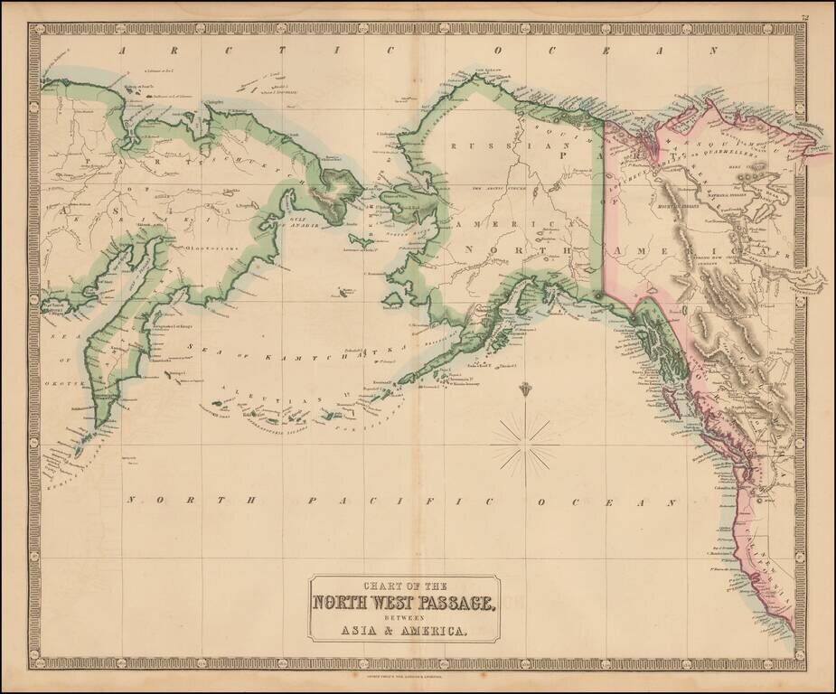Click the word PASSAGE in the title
click(453, 604)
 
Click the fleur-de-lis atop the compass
click(527, 389)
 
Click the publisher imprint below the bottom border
click(418, 675)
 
